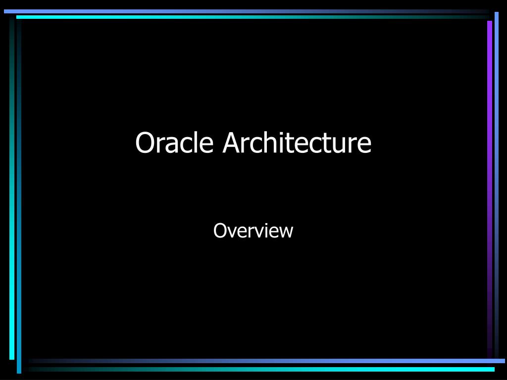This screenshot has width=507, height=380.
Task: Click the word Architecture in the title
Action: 297,143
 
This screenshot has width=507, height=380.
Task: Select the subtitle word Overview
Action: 253,231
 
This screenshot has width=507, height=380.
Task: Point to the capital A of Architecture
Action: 231,143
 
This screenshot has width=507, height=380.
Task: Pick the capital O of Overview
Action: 219,231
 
